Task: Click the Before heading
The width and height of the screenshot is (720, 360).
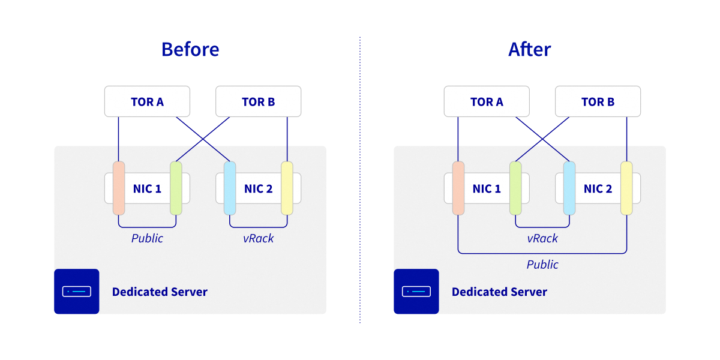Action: pyautogui.click(x=190, y=49)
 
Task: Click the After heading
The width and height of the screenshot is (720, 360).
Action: pyautogui.click(x=529, y=49)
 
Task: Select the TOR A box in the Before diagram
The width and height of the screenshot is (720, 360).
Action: pyautogui.click(x=147, y=101)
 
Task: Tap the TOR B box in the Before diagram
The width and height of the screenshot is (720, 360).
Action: pyautogui.click(x=258, y=101)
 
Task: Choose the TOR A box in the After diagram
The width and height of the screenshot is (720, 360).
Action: pyautogui.click(x=487, y=101)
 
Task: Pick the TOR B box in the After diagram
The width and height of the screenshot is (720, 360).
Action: pyautogui.click(x=598, y=101)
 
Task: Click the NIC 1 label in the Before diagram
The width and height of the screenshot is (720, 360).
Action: pyautogui.click(x=147, y=189)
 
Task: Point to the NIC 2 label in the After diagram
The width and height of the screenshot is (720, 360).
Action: pyautogui.click(x=598, y=189)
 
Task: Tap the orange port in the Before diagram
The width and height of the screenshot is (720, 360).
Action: pyautogui.click(x=119, y=188)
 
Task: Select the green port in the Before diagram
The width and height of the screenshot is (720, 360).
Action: pyautogui.click(x=176, y=188)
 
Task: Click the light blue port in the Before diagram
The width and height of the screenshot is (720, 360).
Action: pyautogui.click(x=230, y=188)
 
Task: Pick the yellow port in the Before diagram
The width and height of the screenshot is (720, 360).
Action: pyautogui.click(x=287, y=188)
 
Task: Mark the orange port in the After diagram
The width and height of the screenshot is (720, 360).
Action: pyautogui.click(x=458, y=188)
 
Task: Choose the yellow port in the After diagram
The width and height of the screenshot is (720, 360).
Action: pyautogui.click(x=626, y=188)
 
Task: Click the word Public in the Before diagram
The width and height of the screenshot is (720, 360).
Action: pyautogui.click(x=147, y=238)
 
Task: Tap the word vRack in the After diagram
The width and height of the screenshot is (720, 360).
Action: pyautogui.click(x=542, y=238)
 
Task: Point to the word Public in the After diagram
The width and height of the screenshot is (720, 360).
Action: pyautogui.click(x=542, y=265)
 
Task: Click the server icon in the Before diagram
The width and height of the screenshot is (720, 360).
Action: pyautogui.click(x=77, y=292)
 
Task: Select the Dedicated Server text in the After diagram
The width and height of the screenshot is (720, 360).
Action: pyautogui.click(x=499, y=292)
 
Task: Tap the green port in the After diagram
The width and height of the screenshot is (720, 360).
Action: pyautogui.click(x=515, y=188)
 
